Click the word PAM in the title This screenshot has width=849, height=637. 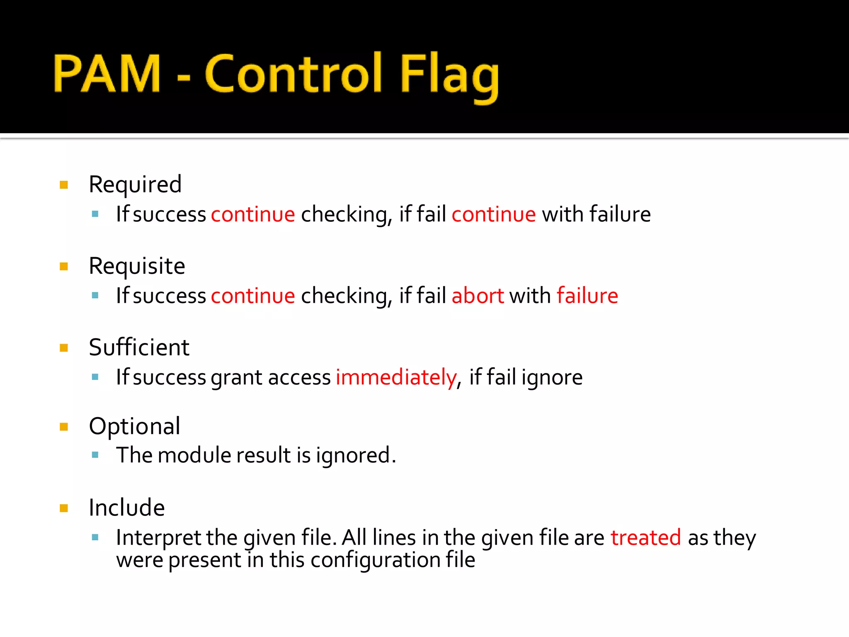[107, 73]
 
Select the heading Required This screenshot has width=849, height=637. [135, 185]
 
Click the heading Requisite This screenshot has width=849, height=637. [137, 266]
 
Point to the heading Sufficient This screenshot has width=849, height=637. [139, 348]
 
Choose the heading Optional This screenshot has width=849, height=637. [135, 426]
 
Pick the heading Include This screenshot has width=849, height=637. [127, 508]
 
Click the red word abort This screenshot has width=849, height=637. [478, 296]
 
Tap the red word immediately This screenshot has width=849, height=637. [396, 378]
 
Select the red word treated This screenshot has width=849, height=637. [645, 538]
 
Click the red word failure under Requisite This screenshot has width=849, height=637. [587, 296]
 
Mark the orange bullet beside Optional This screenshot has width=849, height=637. [64, 427]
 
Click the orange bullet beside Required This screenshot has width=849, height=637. [64, 185]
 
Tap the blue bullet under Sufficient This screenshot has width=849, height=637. [95, 377]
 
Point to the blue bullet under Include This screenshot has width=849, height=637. [95, 538]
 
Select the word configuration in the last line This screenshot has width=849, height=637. [375, 560]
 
